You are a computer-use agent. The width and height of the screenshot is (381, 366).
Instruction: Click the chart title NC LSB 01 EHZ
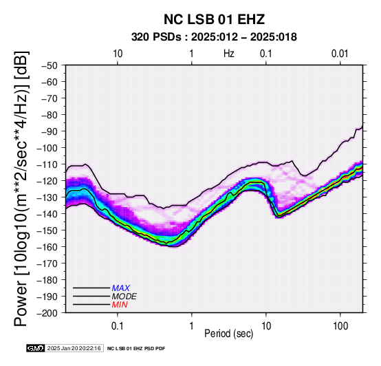pos(214,19)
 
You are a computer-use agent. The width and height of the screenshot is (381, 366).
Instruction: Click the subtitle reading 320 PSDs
pos(156,37)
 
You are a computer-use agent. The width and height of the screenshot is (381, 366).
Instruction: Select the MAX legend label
pos(120,288)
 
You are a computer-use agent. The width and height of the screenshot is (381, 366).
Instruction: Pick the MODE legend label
pos(124,297)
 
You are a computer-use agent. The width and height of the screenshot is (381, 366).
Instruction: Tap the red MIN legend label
pos(120,305)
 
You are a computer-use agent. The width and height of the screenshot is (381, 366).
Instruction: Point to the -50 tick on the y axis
pos(50,65)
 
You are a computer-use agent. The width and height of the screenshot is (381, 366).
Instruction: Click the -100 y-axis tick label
pos(47,148)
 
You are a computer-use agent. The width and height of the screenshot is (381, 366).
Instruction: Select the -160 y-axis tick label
pos(47,247)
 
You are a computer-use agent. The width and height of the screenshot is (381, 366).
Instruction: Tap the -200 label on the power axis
pos(47,313)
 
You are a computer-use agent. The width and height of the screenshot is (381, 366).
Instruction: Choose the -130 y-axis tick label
pos(47,197)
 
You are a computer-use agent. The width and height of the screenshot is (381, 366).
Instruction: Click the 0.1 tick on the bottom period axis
pos(117,326)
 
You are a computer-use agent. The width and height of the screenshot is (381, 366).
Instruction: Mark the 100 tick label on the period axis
pos(340,326)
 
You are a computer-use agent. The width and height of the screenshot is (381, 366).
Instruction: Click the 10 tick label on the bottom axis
pos(266,326)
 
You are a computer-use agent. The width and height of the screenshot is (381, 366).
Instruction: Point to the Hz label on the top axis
pos(229,54)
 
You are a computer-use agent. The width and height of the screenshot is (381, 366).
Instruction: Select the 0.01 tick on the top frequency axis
pos(340,54)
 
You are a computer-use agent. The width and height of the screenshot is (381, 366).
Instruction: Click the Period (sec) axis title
pos(228,334)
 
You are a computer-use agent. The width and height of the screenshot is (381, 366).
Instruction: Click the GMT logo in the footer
pos(36,348)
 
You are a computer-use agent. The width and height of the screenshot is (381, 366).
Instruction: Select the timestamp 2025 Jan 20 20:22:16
pos(74,348)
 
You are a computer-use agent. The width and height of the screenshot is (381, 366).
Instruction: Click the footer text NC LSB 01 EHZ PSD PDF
pos(136,349)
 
